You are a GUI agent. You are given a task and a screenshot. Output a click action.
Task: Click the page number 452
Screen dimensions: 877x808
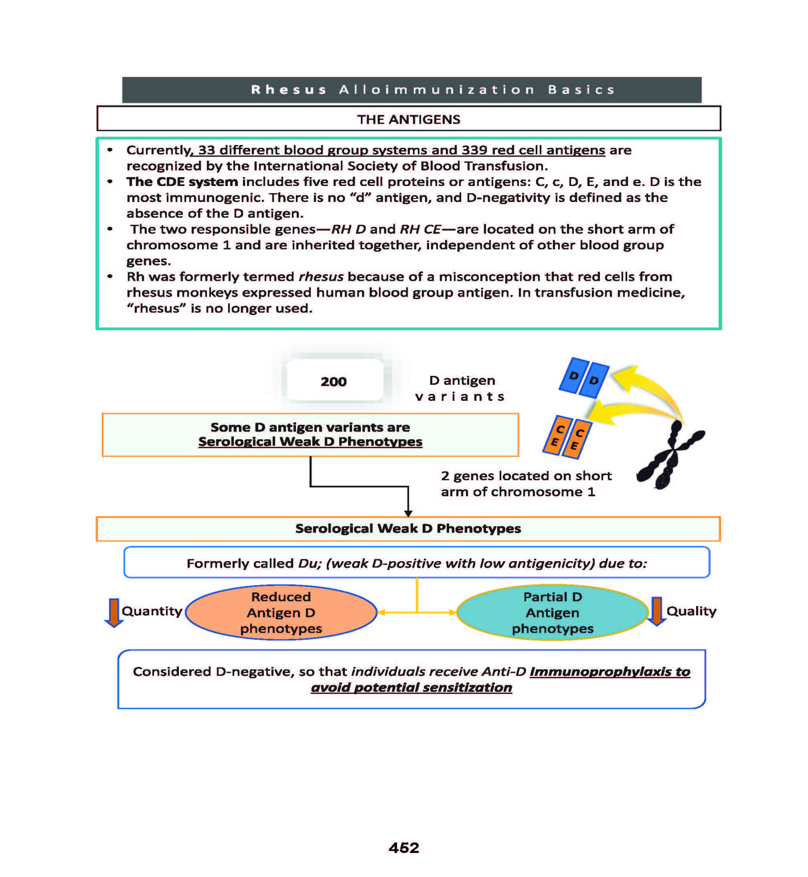point(403,848)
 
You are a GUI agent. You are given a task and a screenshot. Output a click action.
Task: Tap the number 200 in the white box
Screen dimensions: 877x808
point(334,382)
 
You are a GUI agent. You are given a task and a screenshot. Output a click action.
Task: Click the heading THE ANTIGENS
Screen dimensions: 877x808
point(408,119)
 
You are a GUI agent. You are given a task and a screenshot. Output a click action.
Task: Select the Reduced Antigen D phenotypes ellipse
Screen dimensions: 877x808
point(281,612)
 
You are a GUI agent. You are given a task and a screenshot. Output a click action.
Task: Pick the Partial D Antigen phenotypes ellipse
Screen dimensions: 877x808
point(552,612)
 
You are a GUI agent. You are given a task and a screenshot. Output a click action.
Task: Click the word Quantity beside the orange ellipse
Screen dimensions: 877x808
point(152,610)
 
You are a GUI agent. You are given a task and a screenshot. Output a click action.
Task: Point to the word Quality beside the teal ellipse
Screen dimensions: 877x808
point(691,610)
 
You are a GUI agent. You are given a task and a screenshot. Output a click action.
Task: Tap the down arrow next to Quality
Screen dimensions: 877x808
point(656,611)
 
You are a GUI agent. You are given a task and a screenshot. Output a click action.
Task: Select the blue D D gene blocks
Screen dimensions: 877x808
point(584,378)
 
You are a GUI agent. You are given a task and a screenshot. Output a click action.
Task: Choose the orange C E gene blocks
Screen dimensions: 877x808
point(567,437)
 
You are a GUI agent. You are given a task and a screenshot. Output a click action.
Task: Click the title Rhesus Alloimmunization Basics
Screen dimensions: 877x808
point(433,89)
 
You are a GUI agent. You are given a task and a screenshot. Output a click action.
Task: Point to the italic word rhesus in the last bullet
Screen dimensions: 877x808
point(321,277)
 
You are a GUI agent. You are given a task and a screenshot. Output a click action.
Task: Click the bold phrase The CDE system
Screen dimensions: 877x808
point(182,182)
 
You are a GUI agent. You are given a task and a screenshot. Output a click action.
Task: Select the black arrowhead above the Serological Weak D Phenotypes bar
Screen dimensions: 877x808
point(408,513)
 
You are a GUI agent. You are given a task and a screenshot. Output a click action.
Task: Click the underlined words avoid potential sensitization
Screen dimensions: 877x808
point(411,687)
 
